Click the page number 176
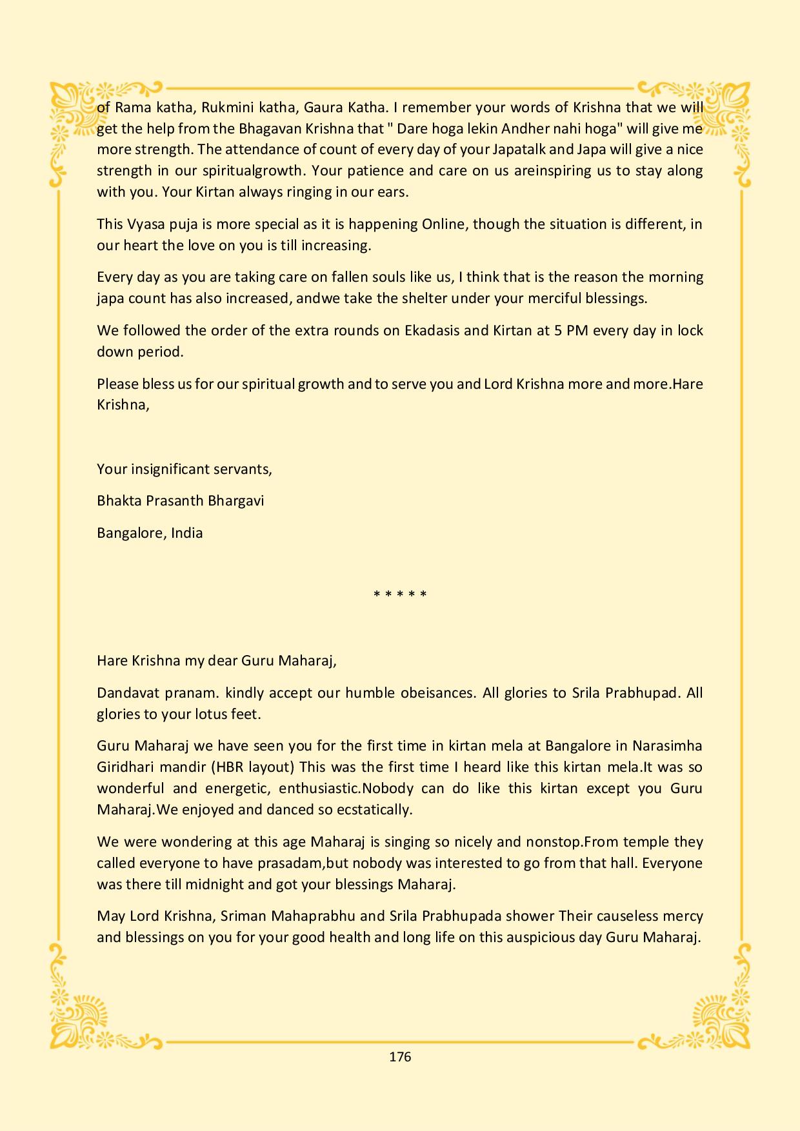click(x=400, y=1056)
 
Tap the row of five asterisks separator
click(x=400, y=594)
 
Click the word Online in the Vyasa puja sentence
click(x=446, y=224)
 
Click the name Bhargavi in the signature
click(x=234, y=501)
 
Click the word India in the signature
click(x=187, y=533)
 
